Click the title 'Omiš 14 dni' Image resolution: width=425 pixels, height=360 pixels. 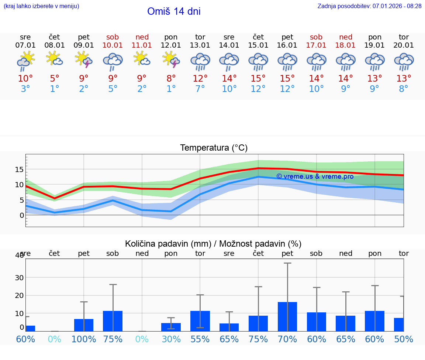click(x=174, y=11)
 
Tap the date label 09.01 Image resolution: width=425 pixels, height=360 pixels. click(x=84, y=45)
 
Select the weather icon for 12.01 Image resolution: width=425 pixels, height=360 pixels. click(x=171, y=61)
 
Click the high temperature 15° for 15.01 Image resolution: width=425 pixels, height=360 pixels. click(x=258, y=79)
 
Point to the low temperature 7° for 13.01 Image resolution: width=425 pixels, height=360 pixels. click(x=200, y=89)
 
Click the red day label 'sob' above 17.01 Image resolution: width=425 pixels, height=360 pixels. click(x=316, y=37)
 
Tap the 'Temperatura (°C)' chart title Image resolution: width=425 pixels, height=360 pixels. click(x=214, y=148)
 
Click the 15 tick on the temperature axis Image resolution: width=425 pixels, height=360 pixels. click(x=19, y=169)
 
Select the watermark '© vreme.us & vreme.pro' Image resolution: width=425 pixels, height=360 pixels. click(x=315, y=176)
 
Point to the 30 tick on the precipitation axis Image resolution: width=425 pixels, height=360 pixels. click(x=19, y=278)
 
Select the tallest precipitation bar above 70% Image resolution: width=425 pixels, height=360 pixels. click(x=287, y=316)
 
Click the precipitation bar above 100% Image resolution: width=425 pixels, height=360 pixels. click(x=84, y=325)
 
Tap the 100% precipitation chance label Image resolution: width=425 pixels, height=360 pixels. click(x=84, y=339)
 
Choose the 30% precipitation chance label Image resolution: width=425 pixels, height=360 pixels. click(x=171, y=339)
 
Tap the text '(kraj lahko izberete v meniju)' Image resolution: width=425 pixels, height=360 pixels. click(x=41, y=6)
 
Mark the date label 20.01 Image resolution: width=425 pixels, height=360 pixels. click(x=404, y=45)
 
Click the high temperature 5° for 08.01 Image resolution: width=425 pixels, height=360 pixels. click(x=55, y=79)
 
